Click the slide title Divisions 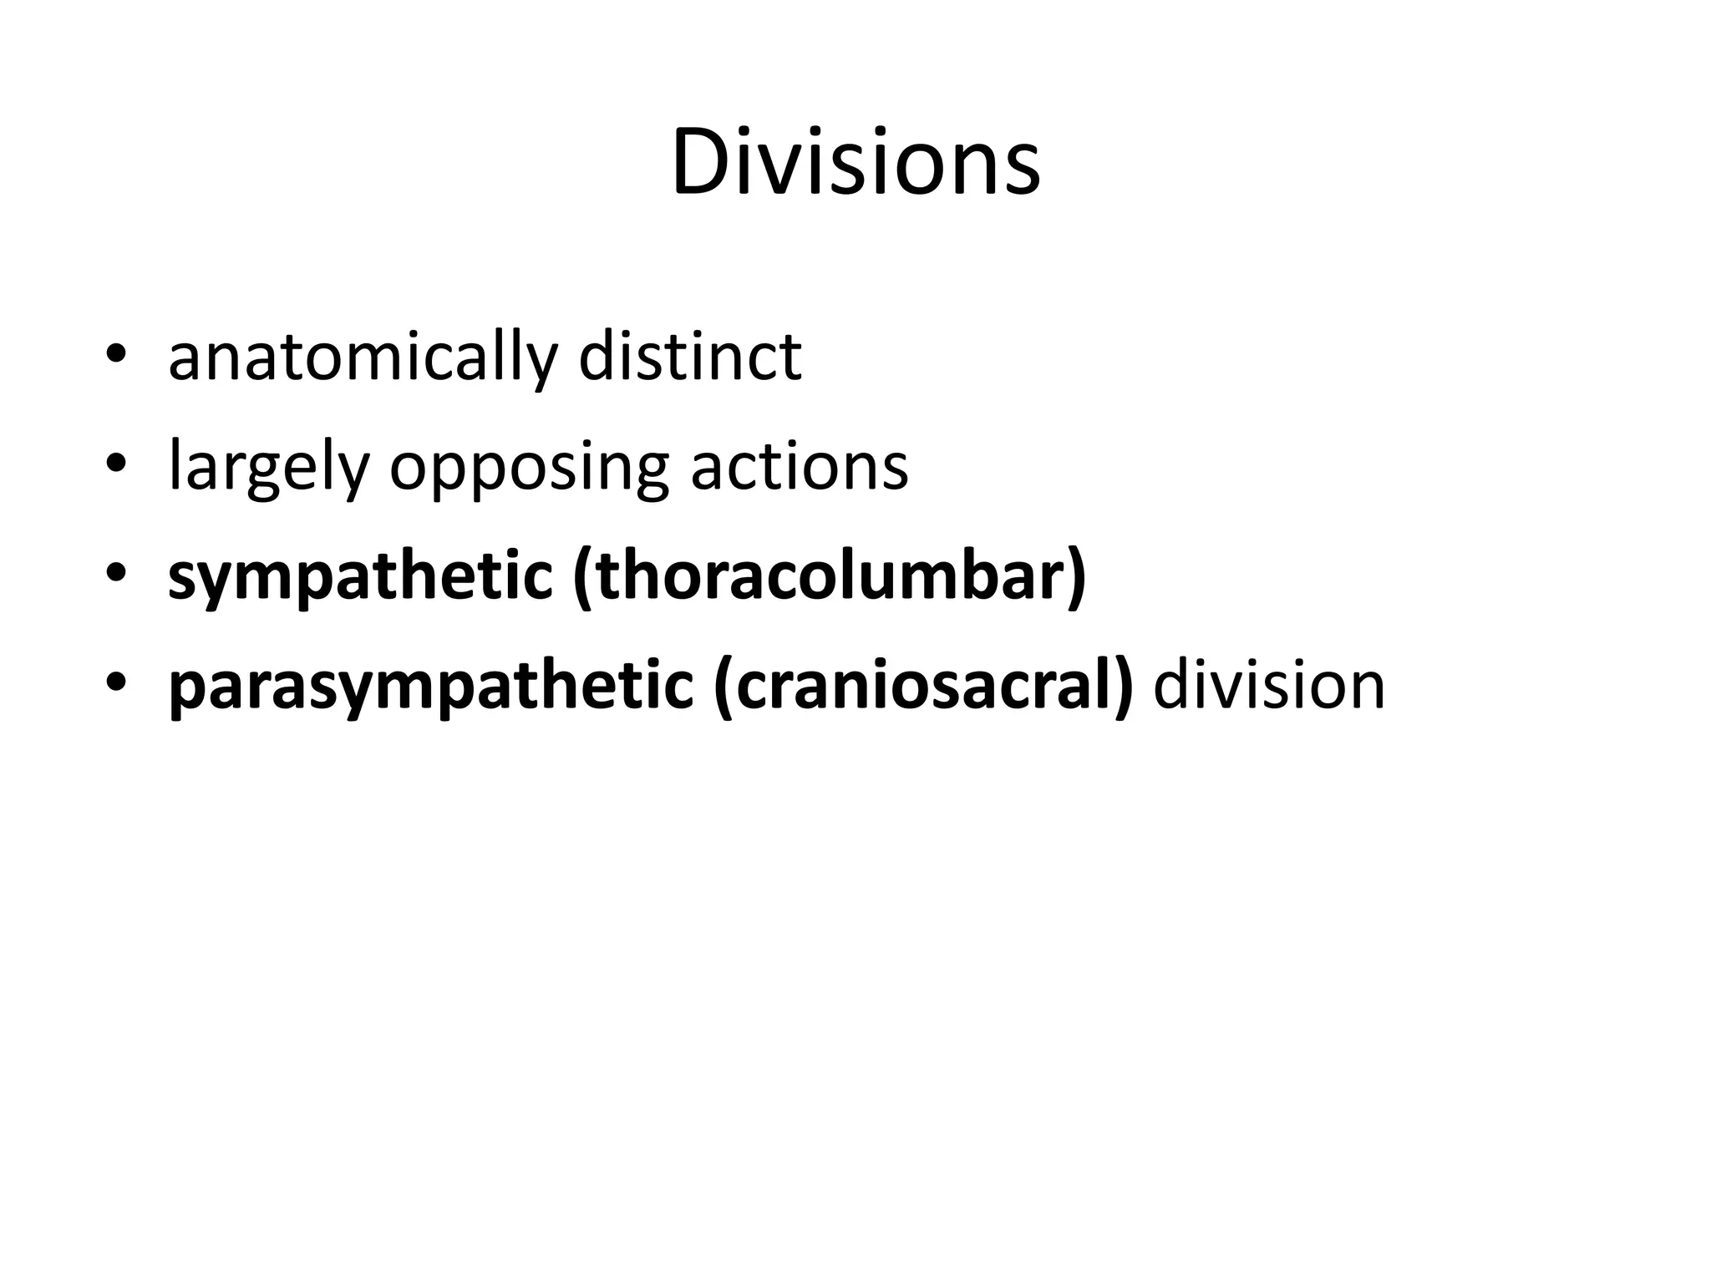[855, 162]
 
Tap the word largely [268, 468]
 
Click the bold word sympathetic [360, 578]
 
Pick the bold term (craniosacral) [923, 687]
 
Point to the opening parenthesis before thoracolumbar [582, 578]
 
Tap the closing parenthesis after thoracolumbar [1076, 578]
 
